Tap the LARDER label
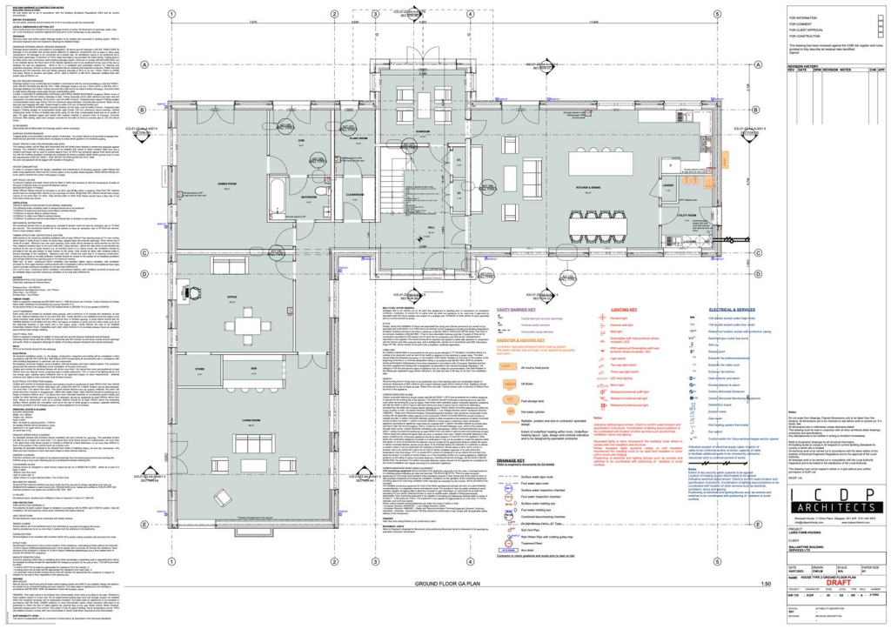point(693,185)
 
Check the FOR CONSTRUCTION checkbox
point(785,39)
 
